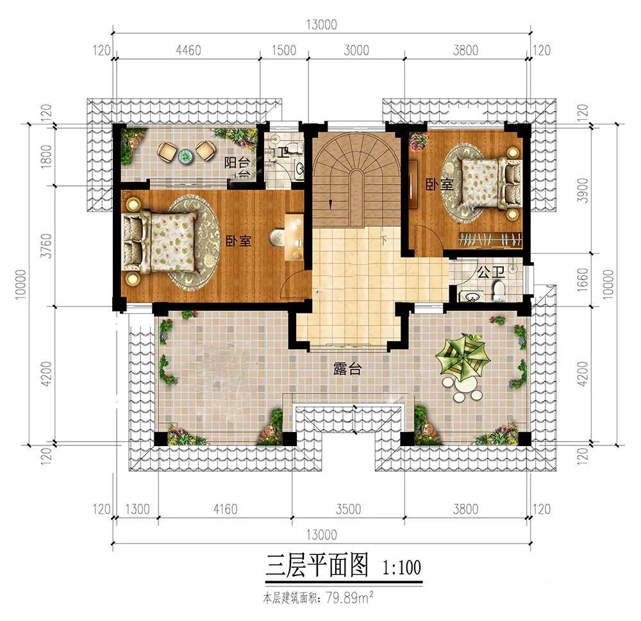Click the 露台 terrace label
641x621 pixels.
coord(347,369)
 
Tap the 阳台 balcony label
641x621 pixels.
coord(237,163)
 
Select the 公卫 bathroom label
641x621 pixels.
coord(491,272)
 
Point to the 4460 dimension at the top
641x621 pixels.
coord(188,50)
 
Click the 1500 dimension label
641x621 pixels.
coord(284,50)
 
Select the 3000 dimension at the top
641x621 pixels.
coord(356,50)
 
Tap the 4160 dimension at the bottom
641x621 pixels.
coord(225,509)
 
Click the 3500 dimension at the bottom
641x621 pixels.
coord(348,509)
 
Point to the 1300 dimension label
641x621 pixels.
coord(137,509)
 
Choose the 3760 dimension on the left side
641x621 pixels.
coord(47,245)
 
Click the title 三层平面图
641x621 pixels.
coord(317,565)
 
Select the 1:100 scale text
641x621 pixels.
coord(401,567)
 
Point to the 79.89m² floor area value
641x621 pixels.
coord(349,599)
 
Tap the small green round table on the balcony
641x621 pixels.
coord(185,155)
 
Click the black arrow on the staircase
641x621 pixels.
coord(330,204)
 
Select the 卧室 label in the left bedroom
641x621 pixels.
coord(238,241)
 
